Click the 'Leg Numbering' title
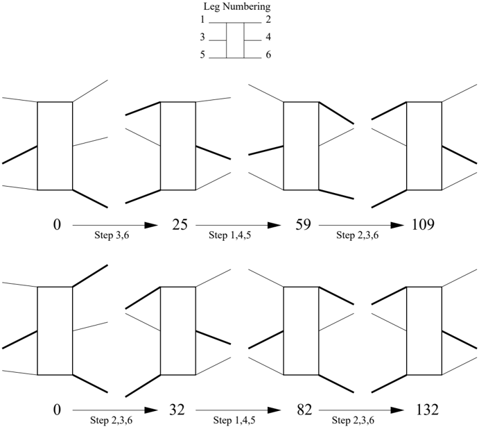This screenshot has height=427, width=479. [237, 7]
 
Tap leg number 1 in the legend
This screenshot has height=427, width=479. [202, 19]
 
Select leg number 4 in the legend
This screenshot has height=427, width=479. [268, 37]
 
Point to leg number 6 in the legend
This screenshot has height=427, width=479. [268, 55]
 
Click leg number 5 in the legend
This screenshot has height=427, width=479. [202, 55]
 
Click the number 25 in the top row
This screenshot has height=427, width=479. [180, 225]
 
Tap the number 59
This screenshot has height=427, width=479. [303, 225]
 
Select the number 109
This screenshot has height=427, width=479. [423, 225]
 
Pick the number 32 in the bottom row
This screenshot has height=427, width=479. [177, 410]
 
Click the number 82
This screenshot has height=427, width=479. [304, 410]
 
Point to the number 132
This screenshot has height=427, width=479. [427, 410]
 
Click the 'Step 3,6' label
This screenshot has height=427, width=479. [112, 235]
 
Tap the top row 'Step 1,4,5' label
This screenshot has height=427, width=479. [229, 235]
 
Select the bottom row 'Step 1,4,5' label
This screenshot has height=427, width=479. [234, 420]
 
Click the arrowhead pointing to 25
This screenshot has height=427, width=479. [151, 226]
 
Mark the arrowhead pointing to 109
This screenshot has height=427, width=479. [397, 226]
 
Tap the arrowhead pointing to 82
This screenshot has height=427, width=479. [274, 410]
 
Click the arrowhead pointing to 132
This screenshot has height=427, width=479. [397, 410]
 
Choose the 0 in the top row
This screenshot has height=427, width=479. [57, 225]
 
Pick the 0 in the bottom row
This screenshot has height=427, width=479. [57, 410]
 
